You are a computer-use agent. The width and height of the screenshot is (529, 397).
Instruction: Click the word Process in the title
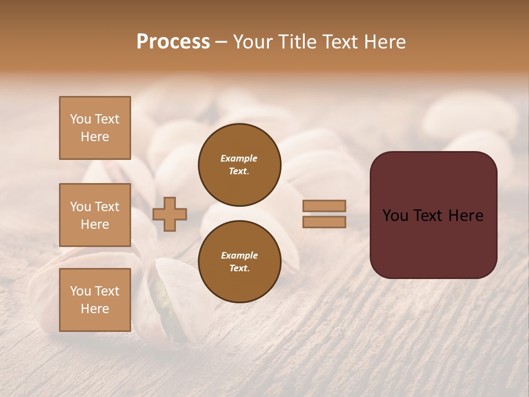(173, 42)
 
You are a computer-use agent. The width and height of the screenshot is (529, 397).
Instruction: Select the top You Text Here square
(95, 128)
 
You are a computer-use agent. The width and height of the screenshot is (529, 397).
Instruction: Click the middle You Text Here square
(95, 215)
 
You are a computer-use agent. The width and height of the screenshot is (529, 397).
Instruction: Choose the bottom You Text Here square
(95, 299)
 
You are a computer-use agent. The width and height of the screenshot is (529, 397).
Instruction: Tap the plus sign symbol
(170, 214)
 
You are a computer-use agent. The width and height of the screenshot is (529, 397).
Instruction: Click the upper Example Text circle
(239, 165)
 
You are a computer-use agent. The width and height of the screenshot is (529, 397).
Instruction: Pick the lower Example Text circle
(239, 261)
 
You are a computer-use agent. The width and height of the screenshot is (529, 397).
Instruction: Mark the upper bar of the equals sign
(324, 206)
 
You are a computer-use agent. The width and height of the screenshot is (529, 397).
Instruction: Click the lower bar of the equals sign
(324, 222)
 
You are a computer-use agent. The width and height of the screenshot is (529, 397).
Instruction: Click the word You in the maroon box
(396, 216)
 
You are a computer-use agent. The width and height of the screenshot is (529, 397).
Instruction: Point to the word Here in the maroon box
(466, 216)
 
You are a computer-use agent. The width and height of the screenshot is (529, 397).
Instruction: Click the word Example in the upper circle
(239, 158)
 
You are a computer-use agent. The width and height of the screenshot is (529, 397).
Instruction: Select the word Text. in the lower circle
(239, 269)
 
